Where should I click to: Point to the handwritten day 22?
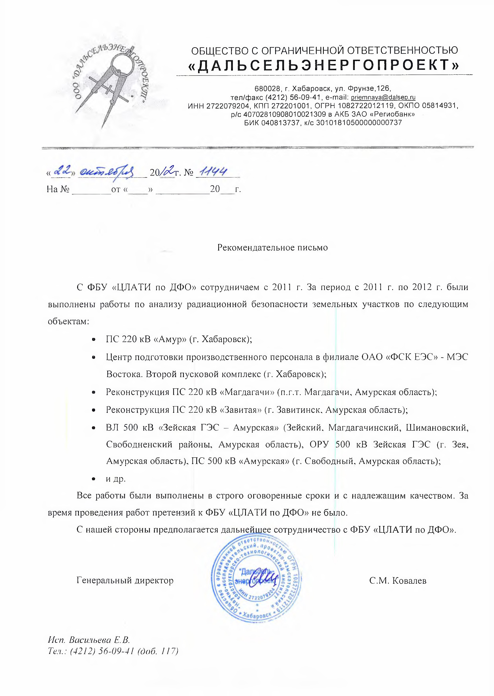point(62,171)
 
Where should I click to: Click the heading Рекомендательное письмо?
point(272,248)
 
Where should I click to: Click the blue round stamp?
point(256,580)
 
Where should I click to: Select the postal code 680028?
point(267,89)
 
